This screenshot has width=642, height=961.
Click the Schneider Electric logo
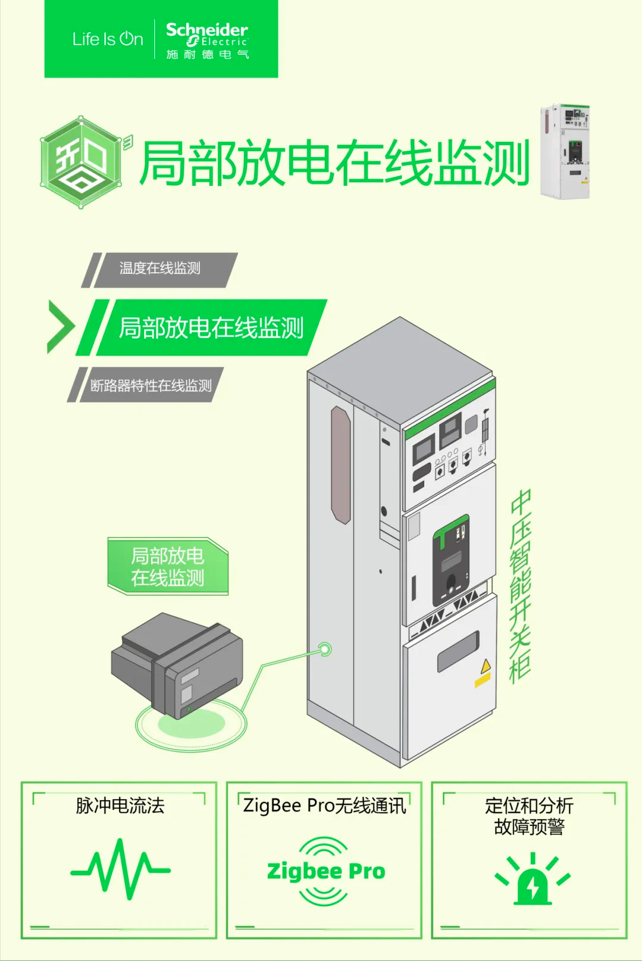pos(207,39)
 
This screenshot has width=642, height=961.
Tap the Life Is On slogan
pos(108,39)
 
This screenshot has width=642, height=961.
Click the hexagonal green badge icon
pos(82,162)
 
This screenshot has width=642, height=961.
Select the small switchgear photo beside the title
pos(564,151)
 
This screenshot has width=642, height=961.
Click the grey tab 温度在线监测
pos(160,269)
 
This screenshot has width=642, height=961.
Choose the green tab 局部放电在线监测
pos(211,328)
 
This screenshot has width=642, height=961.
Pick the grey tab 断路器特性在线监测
pos(151,386)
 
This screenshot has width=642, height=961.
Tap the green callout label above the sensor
pos(168,566)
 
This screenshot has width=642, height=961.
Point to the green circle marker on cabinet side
pos(325,648)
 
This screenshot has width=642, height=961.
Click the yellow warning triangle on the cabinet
pos(486,666)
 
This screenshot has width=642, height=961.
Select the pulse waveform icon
pos(120,870)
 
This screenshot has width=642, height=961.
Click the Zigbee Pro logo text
pos(326,871)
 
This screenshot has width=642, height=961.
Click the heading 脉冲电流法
pos(120,806)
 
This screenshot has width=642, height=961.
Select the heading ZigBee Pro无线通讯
pos(324,806)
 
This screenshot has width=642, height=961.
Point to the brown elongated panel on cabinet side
pos(341,464)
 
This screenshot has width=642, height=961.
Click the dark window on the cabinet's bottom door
pos(458,651)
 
